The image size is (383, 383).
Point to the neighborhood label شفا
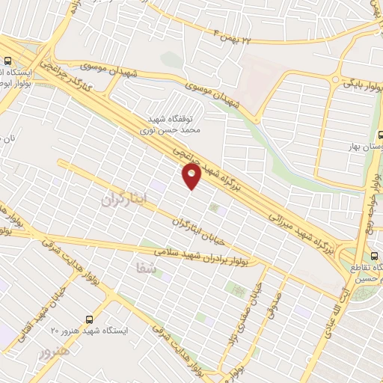[x=149, y=273]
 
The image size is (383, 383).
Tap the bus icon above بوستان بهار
[x=379, y=134]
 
